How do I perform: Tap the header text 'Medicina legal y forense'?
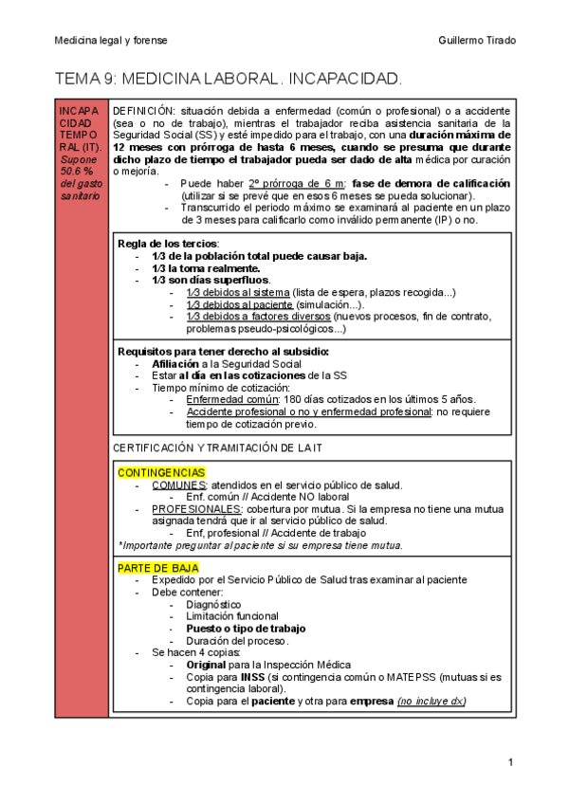(x=110, y=40)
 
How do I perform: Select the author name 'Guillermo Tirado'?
(x=477, y=40)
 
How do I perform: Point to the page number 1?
(x=510, y=762)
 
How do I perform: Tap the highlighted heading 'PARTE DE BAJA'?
(x=157, y=567)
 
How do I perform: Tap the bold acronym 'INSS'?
(x=251, y=678)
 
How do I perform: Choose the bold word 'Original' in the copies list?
(x=206, y=666)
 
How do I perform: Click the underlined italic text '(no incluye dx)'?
(x=431, y=702)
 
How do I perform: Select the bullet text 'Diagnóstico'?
(x=213, y=604)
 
